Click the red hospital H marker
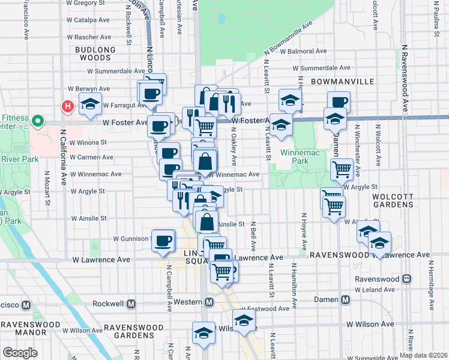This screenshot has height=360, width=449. coord(68,107)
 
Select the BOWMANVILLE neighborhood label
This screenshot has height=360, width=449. coord(342,81)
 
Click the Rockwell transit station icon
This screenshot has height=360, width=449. coord(26,304)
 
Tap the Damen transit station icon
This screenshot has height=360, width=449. coord(345,299)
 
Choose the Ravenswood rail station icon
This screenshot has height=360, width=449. coord(407,279)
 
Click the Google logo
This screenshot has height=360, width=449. coord(20,353)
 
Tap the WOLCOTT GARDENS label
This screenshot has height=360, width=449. coord(393,200)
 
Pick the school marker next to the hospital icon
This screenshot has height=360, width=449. coord(90,104)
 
